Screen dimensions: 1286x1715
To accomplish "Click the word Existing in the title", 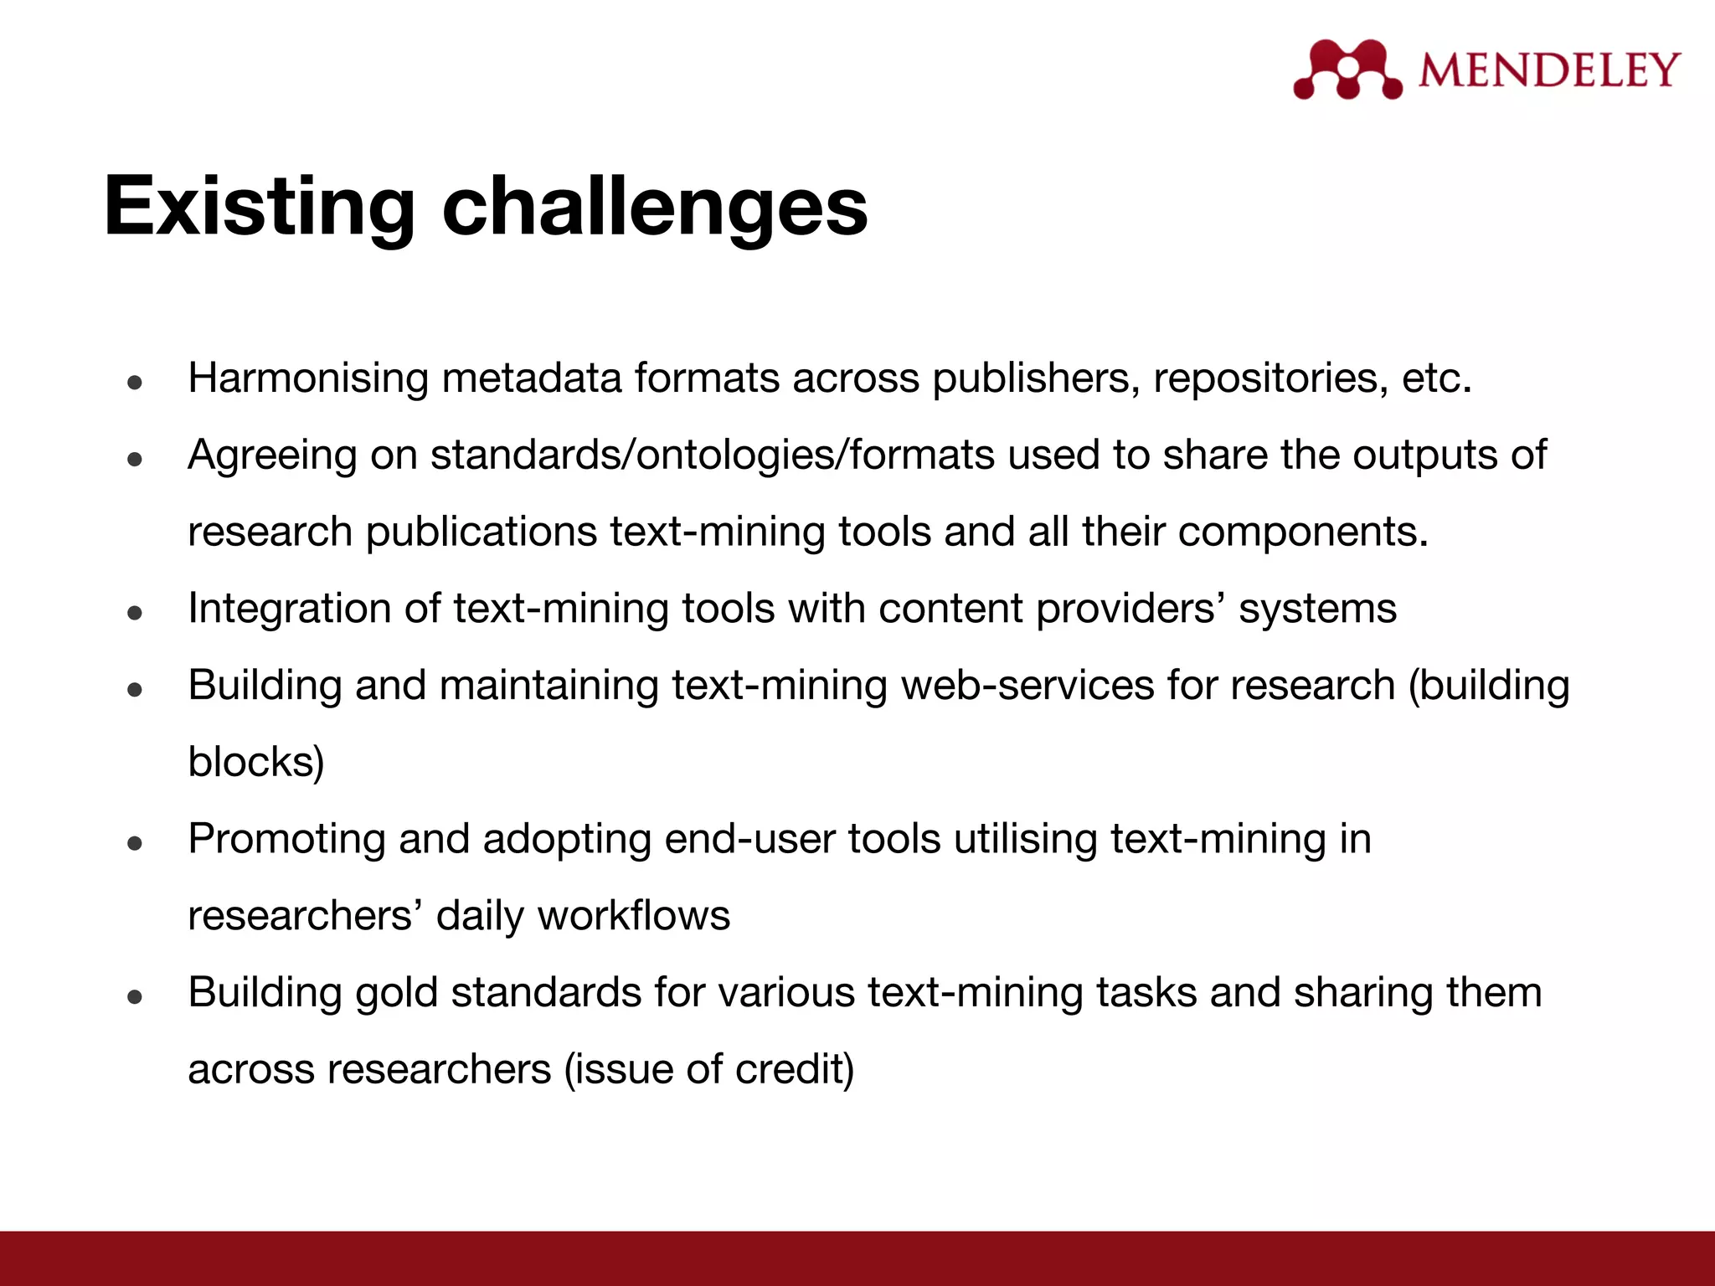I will pyautogui.click(x=259, y=207).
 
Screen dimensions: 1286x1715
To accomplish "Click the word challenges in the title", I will pyautogui.click(x=654, y=207).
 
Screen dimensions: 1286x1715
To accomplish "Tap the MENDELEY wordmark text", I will pyautogui.click(x=1548, y=70).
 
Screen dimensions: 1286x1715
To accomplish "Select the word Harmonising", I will pyautogui.click(x=308, y=378).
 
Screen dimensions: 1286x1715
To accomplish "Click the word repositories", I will pyautogui.click(x=1264, y=378).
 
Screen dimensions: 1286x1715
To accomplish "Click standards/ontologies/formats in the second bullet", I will pyautogui.click(x=713, y=455).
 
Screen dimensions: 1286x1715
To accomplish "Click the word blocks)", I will pyautogui.click(x=255, y=763).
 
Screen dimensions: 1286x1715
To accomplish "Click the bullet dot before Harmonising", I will pyautogui.click(x=135, y=383).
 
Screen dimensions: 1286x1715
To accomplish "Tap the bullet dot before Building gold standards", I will pyautogui.click(x=135, y=998).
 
